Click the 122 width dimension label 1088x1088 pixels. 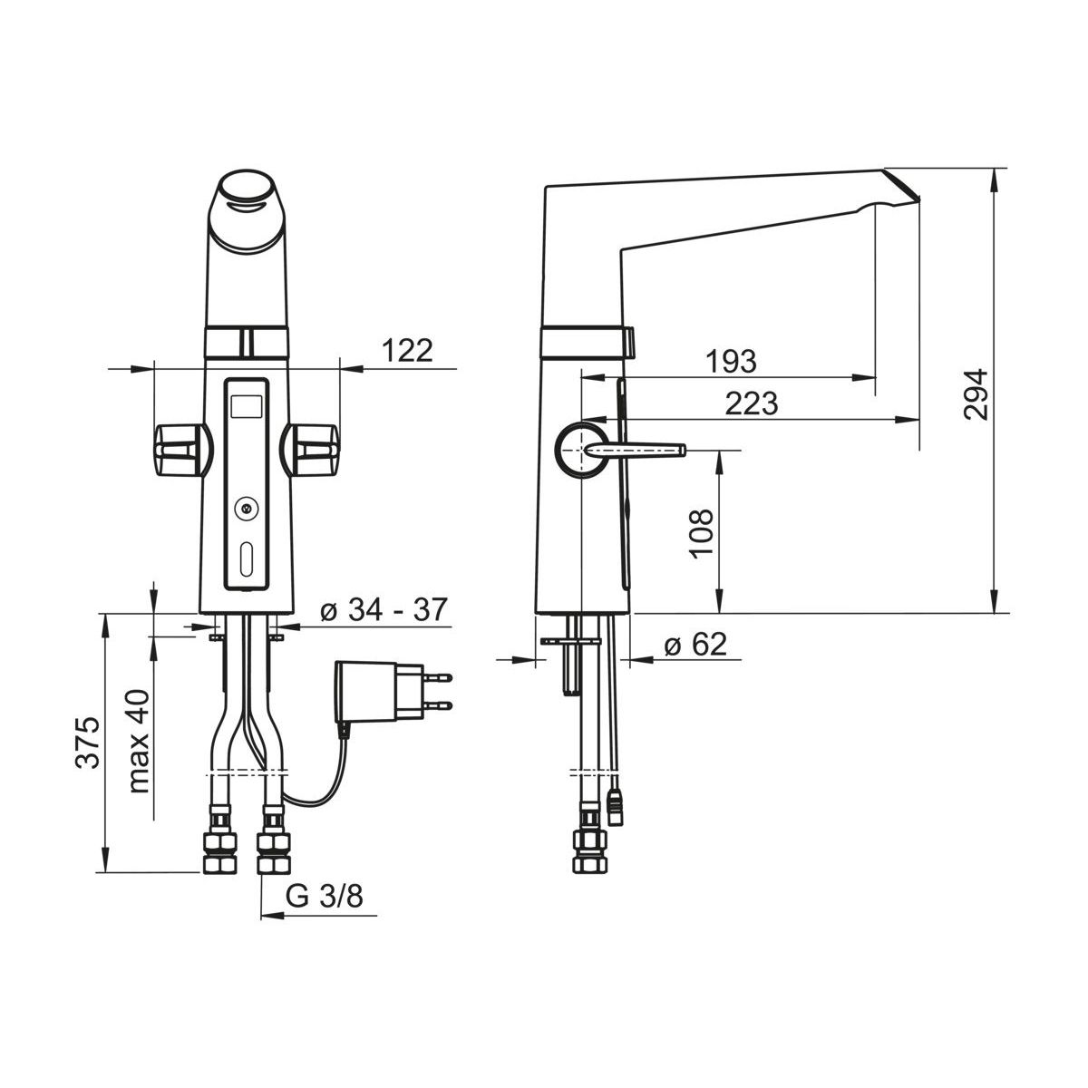408,351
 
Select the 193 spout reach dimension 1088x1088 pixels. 731,362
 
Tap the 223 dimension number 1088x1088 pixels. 752,403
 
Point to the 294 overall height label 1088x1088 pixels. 976,393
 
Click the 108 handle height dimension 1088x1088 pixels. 701,533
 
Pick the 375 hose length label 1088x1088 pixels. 88,743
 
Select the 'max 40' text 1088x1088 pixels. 139,741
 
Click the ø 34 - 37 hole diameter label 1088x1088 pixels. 384,609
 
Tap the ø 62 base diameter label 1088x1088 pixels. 695,644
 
